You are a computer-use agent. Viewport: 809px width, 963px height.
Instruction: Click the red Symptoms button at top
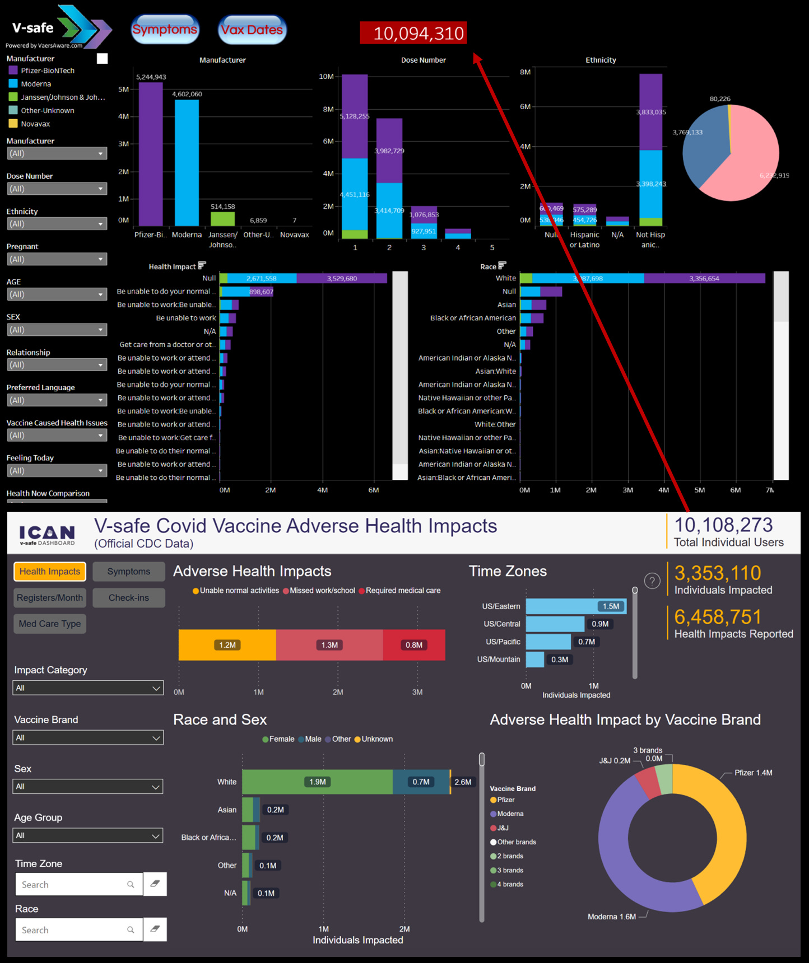point(165,30)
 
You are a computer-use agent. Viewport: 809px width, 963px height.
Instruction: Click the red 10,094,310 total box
point(413,33)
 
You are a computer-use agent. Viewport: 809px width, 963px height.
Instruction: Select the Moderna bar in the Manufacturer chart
point(187,162)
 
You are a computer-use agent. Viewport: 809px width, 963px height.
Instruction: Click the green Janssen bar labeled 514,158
point(222,218)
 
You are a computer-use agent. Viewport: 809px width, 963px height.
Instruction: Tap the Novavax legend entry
point(35,124)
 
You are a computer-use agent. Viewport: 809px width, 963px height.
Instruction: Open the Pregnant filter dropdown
point(57,259)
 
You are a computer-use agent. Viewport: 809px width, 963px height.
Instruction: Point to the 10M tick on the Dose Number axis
point(327,77)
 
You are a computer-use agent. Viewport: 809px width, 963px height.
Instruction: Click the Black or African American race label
point(473,318)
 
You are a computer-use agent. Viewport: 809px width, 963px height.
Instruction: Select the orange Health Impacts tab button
point(50,572)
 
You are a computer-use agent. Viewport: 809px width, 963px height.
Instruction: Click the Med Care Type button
point(50,624)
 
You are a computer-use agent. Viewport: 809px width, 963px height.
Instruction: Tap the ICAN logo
point(47,535)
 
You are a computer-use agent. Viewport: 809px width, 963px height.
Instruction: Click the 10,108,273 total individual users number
point(723,525)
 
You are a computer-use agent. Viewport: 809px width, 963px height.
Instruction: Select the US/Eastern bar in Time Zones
point(575,606)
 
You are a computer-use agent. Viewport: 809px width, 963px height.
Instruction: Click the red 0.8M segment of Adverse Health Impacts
point(413,645)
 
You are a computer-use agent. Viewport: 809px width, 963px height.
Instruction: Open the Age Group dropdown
point(88,835)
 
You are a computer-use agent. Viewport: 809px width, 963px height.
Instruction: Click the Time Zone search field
point(78,885)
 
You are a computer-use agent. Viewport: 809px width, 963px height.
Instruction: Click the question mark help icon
point(652,581)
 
